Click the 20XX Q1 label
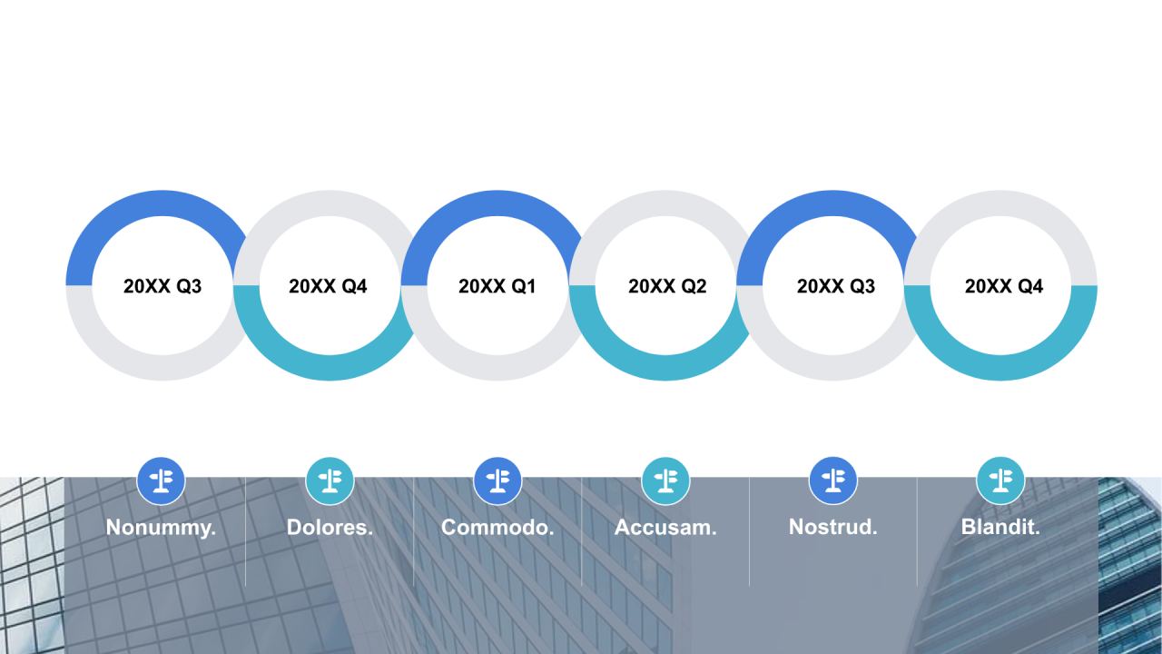pos(497,286)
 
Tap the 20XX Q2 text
pos(667,286)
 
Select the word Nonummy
pos(161,528)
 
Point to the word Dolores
pos(330,528)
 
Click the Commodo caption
pos(497,528)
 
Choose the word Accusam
pos(665,528)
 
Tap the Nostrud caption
pos(833,527)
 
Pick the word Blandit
pos(1000,527)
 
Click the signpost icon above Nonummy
pos(162,481)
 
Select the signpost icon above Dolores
pos(330,481)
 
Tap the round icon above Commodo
pos(497,481)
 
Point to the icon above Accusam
pos(665,481)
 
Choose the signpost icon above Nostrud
pos(833,481)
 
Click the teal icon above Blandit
pos(1000,481)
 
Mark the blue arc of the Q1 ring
pos(497,203)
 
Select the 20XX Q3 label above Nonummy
pos(162,286)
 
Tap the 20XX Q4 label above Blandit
pos(1004,286)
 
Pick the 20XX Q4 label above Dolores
pos(328,286)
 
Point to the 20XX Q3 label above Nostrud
pos(836,286)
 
